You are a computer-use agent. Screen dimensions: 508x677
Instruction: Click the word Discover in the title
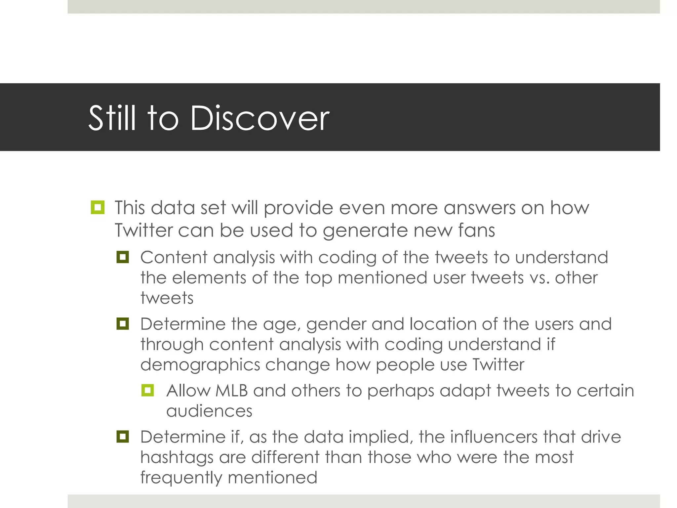click(x=259, y=118)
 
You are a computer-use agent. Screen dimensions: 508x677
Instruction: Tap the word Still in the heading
click(x=112, y=118)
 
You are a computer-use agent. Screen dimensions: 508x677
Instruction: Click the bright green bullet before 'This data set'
click(x=98, y=207)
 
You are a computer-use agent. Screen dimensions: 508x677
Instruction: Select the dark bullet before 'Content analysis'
click(x=123, y=257)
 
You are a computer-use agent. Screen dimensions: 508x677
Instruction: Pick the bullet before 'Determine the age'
click(x=123, y=323)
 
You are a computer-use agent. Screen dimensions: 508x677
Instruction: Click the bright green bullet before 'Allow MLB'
click(x=147, y=390)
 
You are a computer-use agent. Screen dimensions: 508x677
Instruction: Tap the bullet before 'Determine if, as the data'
click(x=123, y=437)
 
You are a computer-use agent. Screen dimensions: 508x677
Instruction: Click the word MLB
click(x=231, y=391)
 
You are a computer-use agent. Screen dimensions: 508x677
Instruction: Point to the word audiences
click(x=209, y=411)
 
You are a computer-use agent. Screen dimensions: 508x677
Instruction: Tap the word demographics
click(x=200, y=365)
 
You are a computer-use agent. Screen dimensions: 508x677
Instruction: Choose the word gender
click(x=336, y=324)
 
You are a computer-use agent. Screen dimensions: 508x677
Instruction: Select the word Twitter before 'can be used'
click(x=143, y=230)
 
